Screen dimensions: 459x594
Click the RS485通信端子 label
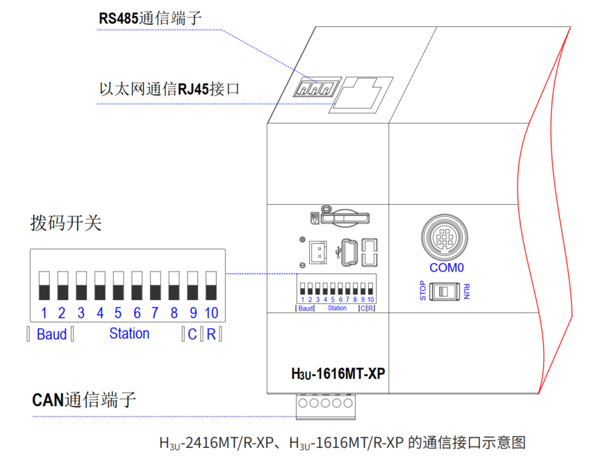(149, 18)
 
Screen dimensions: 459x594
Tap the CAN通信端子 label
(84, 400)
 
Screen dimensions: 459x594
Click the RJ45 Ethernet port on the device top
(361, 93)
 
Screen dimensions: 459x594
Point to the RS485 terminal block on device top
(315, 87)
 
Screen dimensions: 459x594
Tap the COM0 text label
(446, 267)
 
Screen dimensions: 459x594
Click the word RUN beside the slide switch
(467, 291)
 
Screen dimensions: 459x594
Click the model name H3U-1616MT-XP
(338, 374)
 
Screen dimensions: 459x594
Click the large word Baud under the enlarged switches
(51, 335)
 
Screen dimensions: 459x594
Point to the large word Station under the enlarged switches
(129, 334)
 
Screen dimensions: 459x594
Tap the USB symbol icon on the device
(338, 251)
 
